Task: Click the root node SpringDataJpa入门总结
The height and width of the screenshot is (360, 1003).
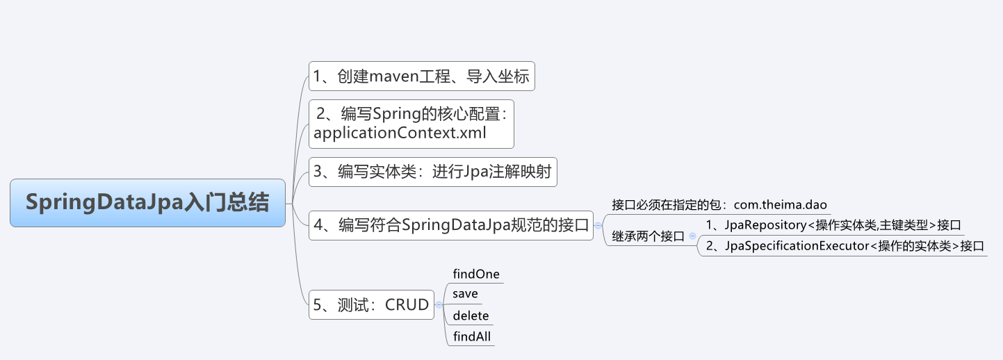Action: [x=147, y=203]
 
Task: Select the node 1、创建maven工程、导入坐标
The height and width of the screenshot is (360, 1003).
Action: [x=421, y=76]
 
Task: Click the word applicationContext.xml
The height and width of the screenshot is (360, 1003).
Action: [x=400, y=133]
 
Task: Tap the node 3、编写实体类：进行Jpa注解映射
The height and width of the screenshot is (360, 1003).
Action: [x=432, y=172]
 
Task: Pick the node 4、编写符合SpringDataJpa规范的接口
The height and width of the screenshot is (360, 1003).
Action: [x=451, y=225]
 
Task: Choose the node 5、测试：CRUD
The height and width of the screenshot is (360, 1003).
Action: [x=371, y=304]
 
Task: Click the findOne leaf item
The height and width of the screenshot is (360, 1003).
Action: [x=475, y=274]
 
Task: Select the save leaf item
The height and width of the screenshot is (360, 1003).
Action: [x=465, y=294]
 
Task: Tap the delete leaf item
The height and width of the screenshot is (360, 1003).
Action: [x=471, y=316]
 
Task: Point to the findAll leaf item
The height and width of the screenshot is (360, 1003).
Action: [x=472, y=337]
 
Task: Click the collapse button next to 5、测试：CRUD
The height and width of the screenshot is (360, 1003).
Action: [x=439, y=304]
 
